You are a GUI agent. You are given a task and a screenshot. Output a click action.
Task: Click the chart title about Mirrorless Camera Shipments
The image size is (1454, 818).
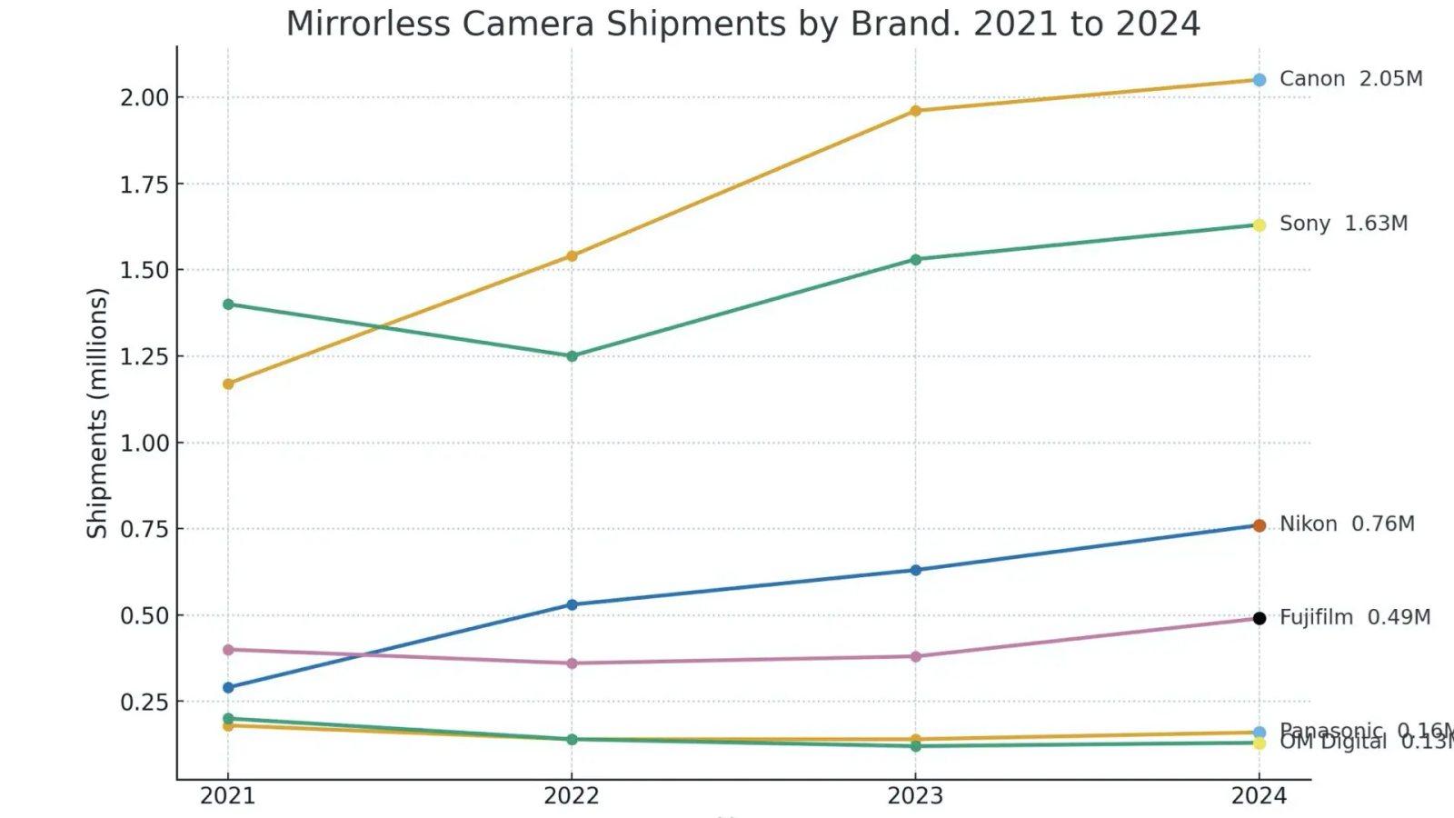click(742, 24)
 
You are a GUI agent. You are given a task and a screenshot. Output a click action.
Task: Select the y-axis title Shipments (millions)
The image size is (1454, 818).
click(97, 413)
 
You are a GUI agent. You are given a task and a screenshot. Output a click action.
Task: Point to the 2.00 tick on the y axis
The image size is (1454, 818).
click(144, 97)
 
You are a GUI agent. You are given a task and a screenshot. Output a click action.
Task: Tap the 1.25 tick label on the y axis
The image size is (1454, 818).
click(144, 356)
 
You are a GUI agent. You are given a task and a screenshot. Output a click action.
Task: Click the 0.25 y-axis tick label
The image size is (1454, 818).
click(144, 702)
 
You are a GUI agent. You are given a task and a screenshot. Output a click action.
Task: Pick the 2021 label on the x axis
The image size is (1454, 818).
click(227, 796)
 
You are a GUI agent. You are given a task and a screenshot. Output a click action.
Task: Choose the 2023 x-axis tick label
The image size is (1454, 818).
click(915, 796)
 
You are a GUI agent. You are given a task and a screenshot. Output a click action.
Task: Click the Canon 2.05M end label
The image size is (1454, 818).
click(1350, 79)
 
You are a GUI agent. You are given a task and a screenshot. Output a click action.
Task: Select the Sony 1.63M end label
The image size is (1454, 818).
click(1343, 224)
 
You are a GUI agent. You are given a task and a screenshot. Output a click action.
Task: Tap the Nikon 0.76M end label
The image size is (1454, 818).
click(1347, 524)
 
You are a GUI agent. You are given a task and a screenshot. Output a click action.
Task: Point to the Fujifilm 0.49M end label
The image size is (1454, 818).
click(1355, 618)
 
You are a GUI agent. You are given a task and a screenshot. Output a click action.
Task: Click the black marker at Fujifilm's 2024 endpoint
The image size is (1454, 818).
click(1260, 618)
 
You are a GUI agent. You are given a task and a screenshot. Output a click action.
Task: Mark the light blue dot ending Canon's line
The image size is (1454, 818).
click(1260, 80)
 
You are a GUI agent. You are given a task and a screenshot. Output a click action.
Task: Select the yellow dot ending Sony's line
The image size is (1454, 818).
click(1260, 225)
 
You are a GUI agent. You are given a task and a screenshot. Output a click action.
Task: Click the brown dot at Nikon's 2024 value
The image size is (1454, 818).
click(1260, 525)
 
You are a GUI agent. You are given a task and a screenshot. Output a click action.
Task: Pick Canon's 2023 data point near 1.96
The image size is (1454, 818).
click(915, 111)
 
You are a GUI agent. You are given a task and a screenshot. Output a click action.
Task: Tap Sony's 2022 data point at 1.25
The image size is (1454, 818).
click(572, 356)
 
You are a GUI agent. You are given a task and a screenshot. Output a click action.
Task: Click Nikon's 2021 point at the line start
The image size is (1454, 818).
click(228, 687)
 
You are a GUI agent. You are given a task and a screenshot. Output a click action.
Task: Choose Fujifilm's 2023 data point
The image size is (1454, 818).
click(915, 656)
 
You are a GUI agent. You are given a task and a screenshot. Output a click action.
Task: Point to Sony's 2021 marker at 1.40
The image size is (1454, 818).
click(228, 304)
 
